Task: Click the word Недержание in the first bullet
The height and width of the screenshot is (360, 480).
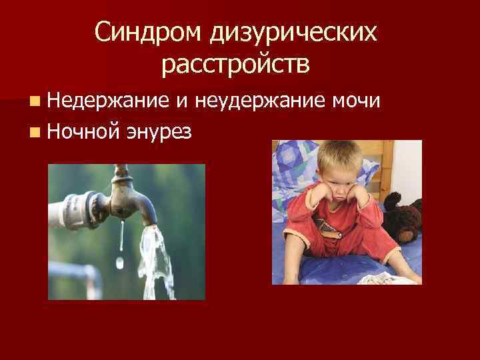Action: [109, 101]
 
